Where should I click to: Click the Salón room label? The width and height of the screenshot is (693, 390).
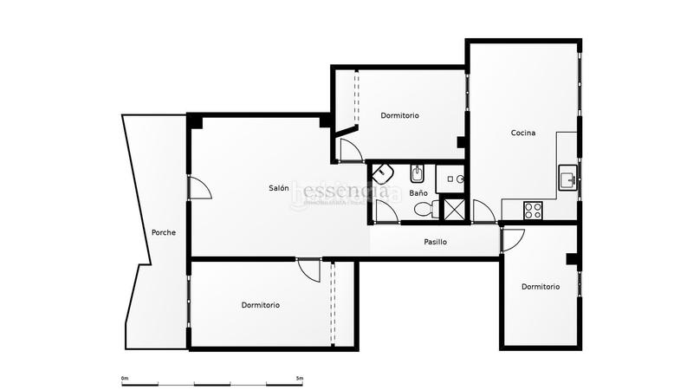278,188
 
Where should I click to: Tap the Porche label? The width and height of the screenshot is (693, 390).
164,232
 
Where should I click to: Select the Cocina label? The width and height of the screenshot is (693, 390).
523,133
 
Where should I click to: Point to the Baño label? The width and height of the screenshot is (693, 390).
418,193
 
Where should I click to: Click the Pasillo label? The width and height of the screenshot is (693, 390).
435,242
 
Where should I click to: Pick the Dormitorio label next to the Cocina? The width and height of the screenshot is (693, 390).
400,115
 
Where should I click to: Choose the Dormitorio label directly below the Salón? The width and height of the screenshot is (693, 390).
261,305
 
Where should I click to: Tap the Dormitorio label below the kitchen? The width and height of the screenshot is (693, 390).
541,287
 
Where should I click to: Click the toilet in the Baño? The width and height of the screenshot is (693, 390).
424,208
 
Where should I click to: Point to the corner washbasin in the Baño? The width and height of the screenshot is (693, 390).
382,172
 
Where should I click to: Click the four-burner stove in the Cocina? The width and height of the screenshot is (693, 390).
533,209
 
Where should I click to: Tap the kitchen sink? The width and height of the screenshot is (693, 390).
568,179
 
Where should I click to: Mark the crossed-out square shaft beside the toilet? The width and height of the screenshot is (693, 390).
454,209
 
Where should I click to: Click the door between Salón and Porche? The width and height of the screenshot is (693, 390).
198,188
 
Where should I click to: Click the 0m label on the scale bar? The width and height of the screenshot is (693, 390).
126,378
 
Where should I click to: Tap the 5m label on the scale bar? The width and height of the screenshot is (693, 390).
299,378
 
